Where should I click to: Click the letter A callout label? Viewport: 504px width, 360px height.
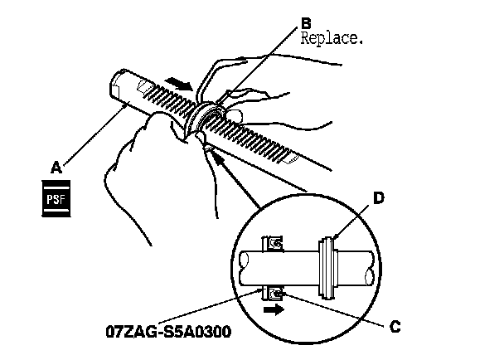(x=56, y=166)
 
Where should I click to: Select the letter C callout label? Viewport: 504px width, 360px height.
(x=395, y=325)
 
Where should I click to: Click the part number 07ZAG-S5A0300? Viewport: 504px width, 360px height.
(x=167, y=332)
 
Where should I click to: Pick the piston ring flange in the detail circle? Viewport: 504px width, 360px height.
(x=329, y=265)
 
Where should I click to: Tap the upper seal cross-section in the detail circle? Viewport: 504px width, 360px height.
(x=274, y=243)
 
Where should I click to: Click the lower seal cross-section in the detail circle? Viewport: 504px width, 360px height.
(x=274, y=293)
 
